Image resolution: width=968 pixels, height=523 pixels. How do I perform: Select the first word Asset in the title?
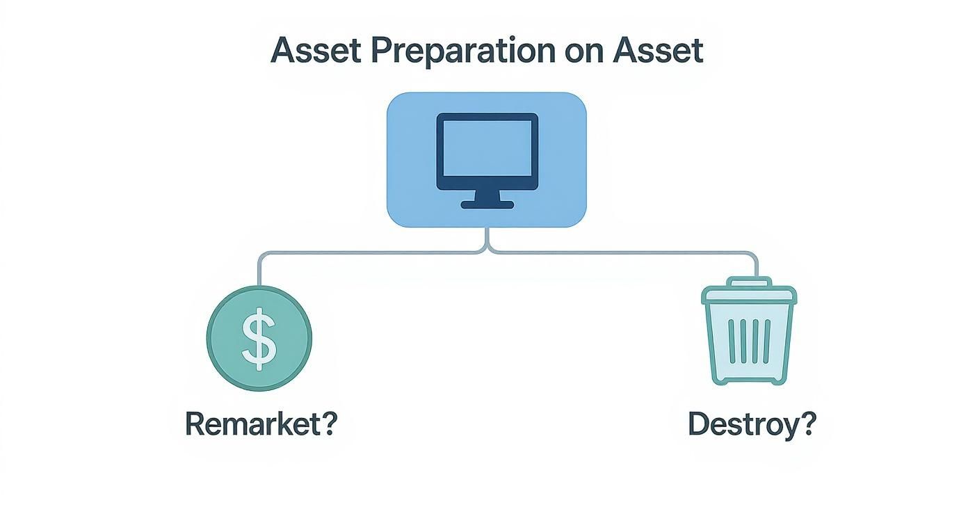coord(316,50)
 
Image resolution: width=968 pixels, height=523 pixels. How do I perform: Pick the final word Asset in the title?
coord(658,50)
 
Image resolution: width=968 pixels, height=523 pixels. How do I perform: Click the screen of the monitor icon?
coord(487,148)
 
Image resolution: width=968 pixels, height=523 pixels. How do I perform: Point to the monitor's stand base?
coord(487,205)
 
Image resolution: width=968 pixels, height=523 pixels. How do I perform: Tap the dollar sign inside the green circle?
coord(259,339)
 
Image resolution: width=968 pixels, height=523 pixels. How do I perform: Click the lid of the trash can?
coord(748,295)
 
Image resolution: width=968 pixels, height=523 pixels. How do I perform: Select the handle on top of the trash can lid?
coord(749,282)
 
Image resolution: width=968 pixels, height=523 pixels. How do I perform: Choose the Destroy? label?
coord(752,424)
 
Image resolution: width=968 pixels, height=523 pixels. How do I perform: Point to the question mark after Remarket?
coord(327,424)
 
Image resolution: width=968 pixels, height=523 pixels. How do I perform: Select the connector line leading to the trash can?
coord(622,252)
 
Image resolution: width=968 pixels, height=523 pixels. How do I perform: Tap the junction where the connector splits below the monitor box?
coord(487,248)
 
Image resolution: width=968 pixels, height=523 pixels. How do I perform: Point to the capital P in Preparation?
coord(382,51)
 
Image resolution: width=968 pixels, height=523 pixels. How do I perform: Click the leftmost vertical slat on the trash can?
coord(732,341)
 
